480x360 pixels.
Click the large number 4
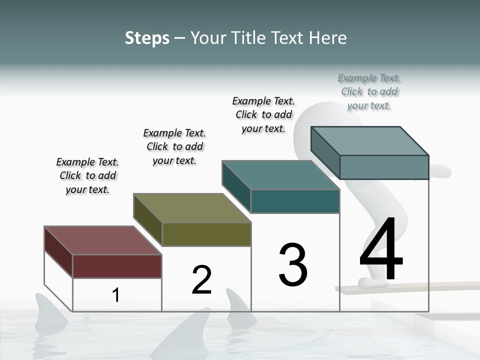point(381,250)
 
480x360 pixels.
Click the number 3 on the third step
point(293,265)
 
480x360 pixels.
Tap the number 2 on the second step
point(201,280)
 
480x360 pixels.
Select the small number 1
point(115,295)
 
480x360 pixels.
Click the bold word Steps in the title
point(147,38)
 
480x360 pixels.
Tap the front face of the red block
point(117,266)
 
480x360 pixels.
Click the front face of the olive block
point(206,234)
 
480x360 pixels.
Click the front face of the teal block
point(295,201)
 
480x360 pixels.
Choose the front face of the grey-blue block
point(384,167)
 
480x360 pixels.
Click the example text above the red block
point(87,175)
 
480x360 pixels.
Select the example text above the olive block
point(174,146)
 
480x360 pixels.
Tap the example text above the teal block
point(263,114)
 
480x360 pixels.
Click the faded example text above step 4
point(369,91)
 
